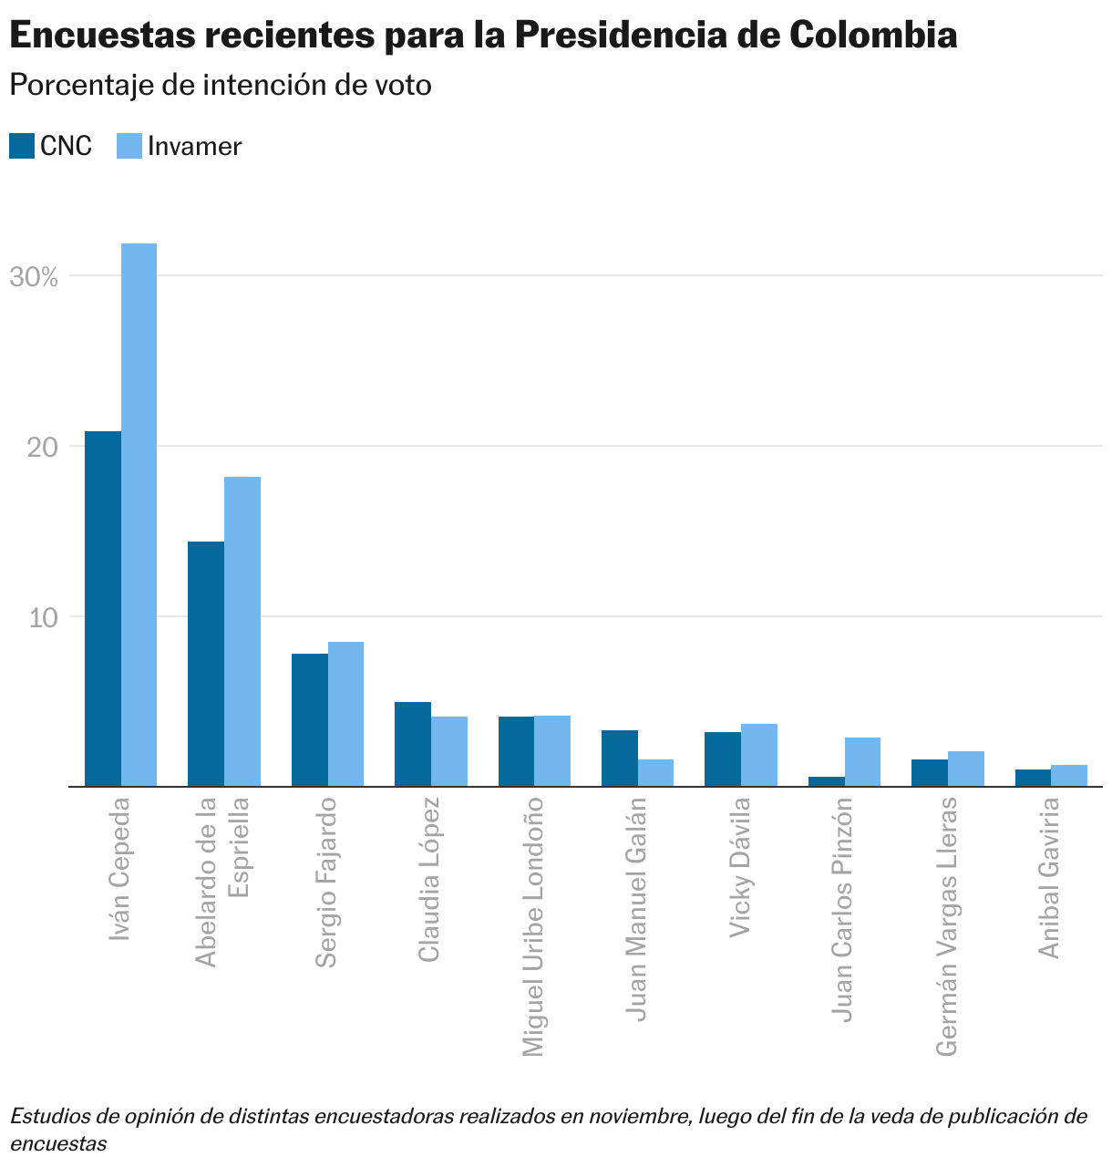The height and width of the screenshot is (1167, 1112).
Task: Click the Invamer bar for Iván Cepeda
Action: tap(139, 515)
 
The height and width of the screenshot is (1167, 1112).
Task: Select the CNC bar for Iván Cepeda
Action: tap(103, 608)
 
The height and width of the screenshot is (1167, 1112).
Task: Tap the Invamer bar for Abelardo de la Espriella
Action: tap(242, 631)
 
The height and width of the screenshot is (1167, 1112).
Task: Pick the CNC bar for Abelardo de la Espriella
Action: tap(206, 664)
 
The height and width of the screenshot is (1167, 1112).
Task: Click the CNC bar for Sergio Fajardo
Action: tap(310, 719)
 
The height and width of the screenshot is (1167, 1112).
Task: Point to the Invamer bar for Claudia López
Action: tap(449, 751)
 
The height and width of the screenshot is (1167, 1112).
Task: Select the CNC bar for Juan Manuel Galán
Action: tap(620, 758)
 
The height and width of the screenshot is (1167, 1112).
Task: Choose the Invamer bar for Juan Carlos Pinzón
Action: tap(862, 761)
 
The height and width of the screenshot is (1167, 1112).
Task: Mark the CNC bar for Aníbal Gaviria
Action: tap(1033, 778)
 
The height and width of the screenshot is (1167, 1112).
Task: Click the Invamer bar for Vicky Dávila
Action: tap(759, 755)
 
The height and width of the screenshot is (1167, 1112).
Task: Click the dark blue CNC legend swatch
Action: tap(22, 146)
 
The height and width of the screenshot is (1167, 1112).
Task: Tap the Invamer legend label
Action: tap(194, 147)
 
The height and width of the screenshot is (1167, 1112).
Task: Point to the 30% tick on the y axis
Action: tap(34, 277)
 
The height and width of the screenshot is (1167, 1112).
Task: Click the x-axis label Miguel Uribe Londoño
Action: tap(533, 926)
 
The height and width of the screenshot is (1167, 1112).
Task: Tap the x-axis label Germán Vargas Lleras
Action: tap(947, 926)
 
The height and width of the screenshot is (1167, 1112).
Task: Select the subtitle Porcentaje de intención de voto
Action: tap(220, 85)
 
